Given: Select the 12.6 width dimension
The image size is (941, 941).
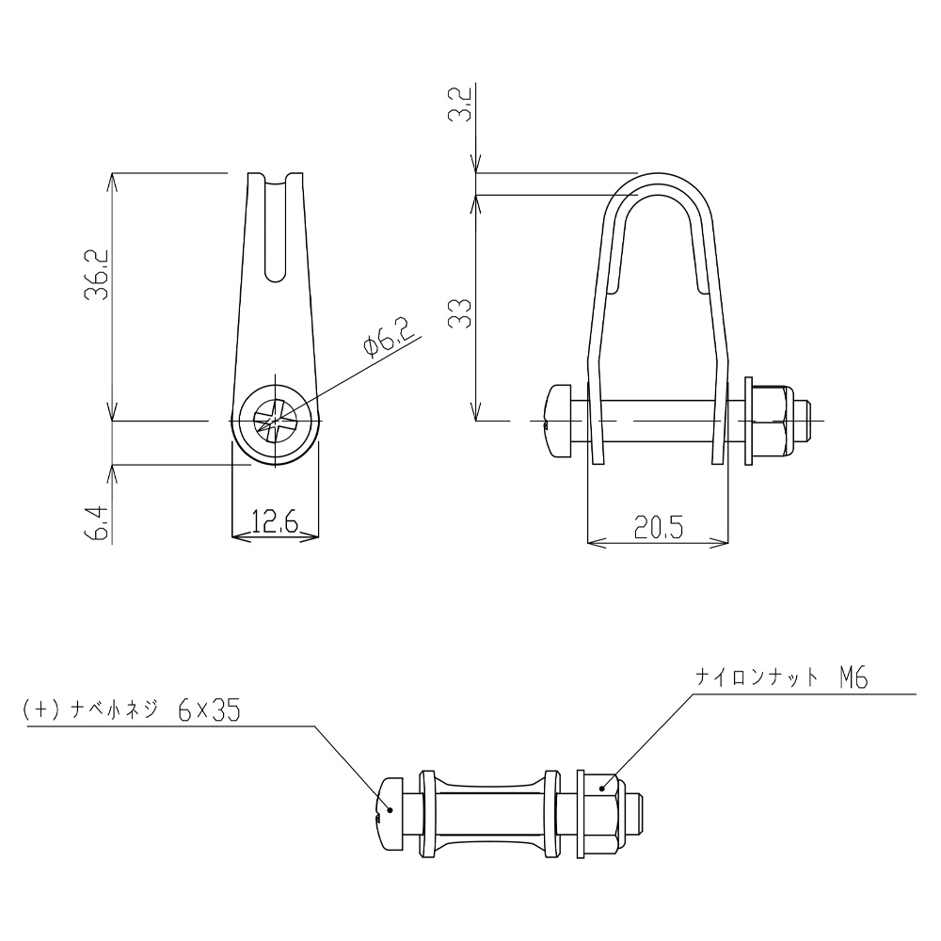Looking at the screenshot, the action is (x=275, y=521).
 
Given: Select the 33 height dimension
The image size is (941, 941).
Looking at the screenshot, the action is (x=460, y=312).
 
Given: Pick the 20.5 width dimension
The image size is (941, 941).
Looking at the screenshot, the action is (x=659, y=528).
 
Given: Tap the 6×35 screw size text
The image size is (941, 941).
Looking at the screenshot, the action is (x=209, y=710).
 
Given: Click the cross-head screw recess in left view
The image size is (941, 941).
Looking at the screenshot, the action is (x=275, y=420).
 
